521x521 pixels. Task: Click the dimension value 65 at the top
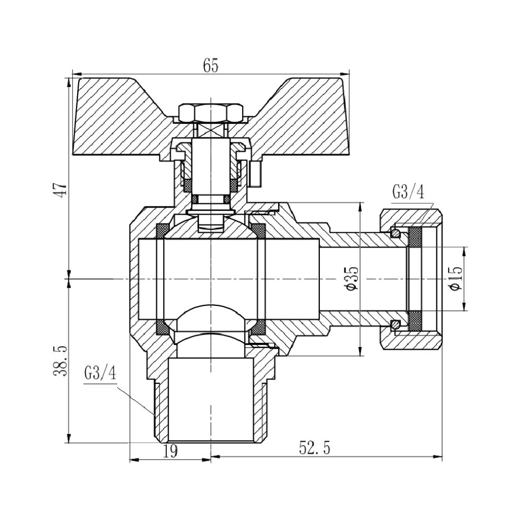[210, 65]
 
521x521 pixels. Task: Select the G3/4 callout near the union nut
[408, 193]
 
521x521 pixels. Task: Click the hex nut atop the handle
[210, 112]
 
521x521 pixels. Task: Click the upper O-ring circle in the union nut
[397, 232]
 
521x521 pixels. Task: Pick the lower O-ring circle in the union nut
[397, 324]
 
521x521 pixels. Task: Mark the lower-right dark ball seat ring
[259, 327]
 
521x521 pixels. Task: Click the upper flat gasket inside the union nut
[415, 237]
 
